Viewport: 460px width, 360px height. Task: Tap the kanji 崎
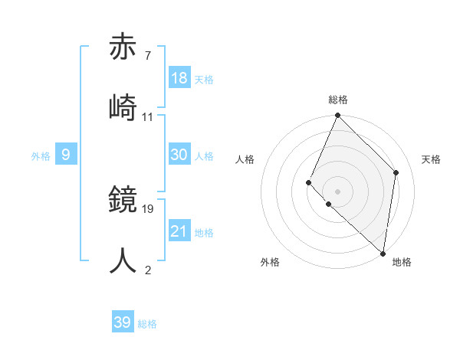click(x=124, y=107)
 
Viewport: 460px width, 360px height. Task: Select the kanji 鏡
click(x=124, y=199)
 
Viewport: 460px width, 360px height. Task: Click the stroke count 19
click(x=149, y=208)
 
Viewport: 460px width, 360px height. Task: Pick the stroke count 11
click(x=148, y=116)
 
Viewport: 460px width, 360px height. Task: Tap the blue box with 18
click(x=179, y=78)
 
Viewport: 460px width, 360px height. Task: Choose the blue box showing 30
click(x=179, y=155)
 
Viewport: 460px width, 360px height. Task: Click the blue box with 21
click(x=179, y=231)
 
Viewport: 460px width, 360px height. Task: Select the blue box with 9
click(x=66, y=155)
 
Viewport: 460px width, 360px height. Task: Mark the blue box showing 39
click(x=123, y=322)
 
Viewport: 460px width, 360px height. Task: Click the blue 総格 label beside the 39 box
click(x=147, y=324)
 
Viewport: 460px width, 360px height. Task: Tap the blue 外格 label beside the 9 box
click(x=41, y=156)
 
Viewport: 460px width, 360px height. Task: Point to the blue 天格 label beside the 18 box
click(x=203, y=80)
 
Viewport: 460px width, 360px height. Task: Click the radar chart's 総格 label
click(x=337, y=100)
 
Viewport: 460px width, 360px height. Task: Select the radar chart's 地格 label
click(x=402, y=263)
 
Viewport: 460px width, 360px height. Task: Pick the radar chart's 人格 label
click(x=245, y=159)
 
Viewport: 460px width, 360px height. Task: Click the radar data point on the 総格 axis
click(x=337, y=116)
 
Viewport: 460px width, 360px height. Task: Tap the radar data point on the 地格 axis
click(x=383, y=253)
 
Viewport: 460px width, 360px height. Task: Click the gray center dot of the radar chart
click(x=337, y=191)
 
